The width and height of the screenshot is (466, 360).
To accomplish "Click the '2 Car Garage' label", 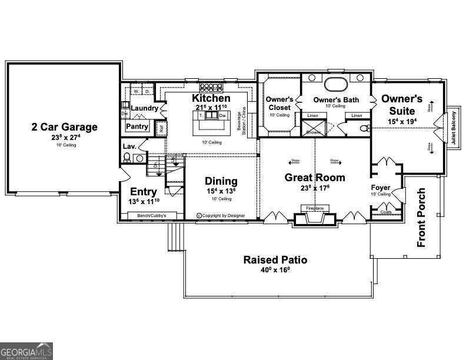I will [65, 126].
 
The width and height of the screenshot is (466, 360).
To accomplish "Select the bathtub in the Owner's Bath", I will [336, 82].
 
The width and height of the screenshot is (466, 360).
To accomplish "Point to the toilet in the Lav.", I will [127, 157].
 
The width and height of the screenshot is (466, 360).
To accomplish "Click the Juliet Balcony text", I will [453, 129].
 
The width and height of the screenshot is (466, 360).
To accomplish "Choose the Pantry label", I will [137, 126].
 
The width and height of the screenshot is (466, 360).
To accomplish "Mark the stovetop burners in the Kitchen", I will [209, 87].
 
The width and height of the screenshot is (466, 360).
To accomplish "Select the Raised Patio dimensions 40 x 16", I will [276, 271].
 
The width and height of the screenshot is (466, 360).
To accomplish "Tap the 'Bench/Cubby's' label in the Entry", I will [152, 216].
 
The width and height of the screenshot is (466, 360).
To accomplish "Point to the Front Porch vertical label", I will [421, 218].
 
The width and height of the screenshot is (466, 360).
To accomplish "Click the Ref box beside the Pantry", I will [160, 127].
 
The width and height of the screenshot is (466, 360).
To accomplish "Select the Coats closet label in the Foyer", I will [386, 212].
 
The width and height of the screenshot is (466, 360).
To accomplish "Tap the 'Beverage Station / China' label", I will [239, 122].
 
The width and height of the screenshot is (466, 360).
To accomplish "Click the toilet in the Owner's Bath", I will [364, 128].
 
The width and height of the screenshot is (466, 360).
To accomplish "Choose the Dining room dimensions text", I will [221, 191].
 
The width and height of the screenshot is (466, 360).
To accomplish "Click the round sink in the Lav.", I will [139, 158].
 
